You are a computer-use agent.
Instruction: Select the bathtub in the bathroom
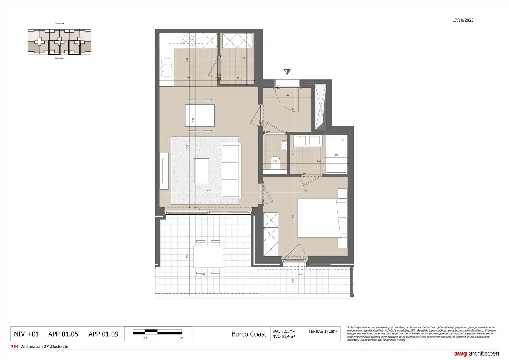click(337, 154)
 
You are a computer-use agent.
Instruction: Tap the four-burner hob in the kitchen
click(189, 40)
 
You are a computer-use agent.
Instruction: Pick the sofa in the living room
click(231, 171)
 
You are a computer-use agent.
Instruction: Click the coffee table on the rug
click(201, 171)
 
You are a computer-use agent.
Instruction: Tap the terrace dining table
click(208, 257)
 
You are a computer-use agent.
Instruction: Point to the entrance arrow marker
click(287, 72)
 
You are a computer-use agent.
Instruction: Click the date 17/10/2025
click(463, 20)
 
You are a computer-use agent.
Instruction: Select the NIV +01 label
click(26, 334)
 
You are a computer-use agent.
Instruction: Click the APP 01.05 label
click(63, 334)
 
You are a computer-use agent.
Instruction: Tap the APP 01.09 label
click(103, 334)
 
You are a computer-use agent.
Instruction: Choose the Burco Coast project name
click(249, 334)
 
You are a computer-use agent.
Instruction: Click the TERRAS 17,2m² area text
click(323, 331)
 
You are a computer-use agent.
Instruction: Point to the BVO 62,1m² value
click(283, 331)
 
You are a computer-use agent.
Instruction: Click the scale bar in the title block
click(157, 332)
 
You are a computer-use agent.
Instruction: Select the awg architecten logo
click(476, 354)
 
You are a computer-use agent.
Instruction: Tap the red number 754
click(14, 347)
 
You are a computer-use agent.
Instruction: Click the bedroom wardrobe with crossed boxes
click(271, 234)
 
